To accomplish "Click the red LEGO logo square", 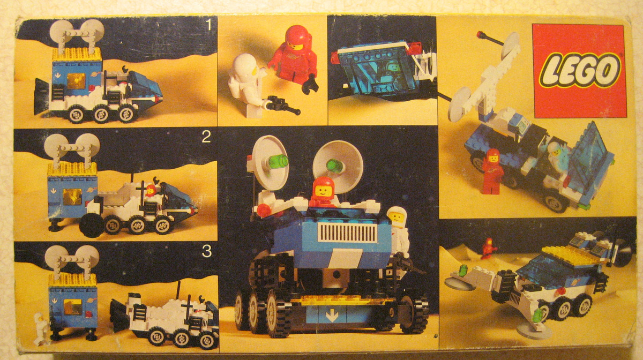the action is [x=579, y=71].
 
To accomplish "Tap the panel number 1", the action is [x=208, y=25].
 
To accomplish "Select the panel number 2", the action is [x=206, y=137].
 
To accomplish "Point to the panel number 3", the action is [x=207, y=251].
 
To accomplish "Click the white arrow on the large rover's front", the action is [x=332, y=316].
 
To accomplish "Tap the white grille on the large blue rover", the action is [x=348, y=233].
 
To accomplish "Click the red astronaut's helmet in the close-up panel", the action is [x=297, y=38].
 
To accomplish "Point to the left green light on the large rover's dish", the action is [x=279, y=162].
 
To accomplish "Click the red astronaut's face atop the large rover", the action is [x=323, y=191].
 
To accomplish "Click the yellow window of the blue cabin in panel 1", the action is [x=77, y=81].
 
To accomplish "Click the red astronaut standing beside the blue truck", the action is [x=492, y=171].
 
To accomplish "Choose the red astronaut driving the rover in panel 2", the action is [x=151, y=191].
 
